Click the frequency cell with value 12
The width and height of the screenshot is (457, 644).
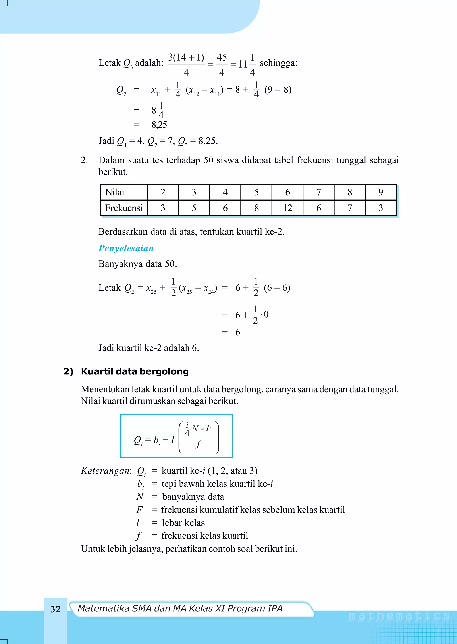click(287, 208)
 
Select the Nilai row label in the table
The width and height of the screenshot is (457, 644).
click(115, 192)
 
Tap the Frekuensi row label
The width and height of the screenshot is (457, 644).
click(124, 208)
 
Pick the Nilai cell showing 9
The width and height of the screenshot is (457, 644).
click(380, 192)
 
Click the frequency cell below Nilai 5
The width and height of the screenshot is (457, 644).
click(256, 208)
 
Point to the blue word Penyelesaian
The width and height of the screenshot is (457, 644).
click(126, 248)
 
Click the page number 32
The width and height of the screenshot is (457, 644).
click(55, 609)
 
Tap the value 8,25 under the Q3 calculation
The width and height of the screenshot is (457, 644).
click(159, 125)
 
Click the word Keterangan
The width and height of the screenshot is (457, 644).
click(106, 471)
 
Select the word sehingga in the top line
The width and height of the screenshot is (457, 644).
click(278, 63)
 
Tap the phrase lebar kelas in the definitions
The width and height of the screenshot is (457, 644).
click(183, 523)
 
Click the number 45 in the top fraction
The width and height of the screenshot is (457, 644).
click(222, 57)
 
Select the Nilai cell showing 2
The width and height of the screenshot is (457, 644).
click(163, 192)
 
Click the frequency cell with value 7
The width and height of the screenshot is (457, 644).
click(349, 208)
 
